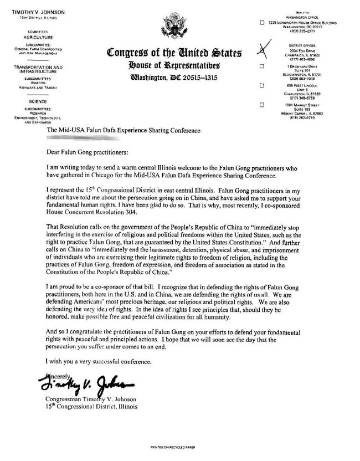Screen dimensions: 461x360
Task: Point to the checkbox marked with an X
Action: click(x=262, y=50)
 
